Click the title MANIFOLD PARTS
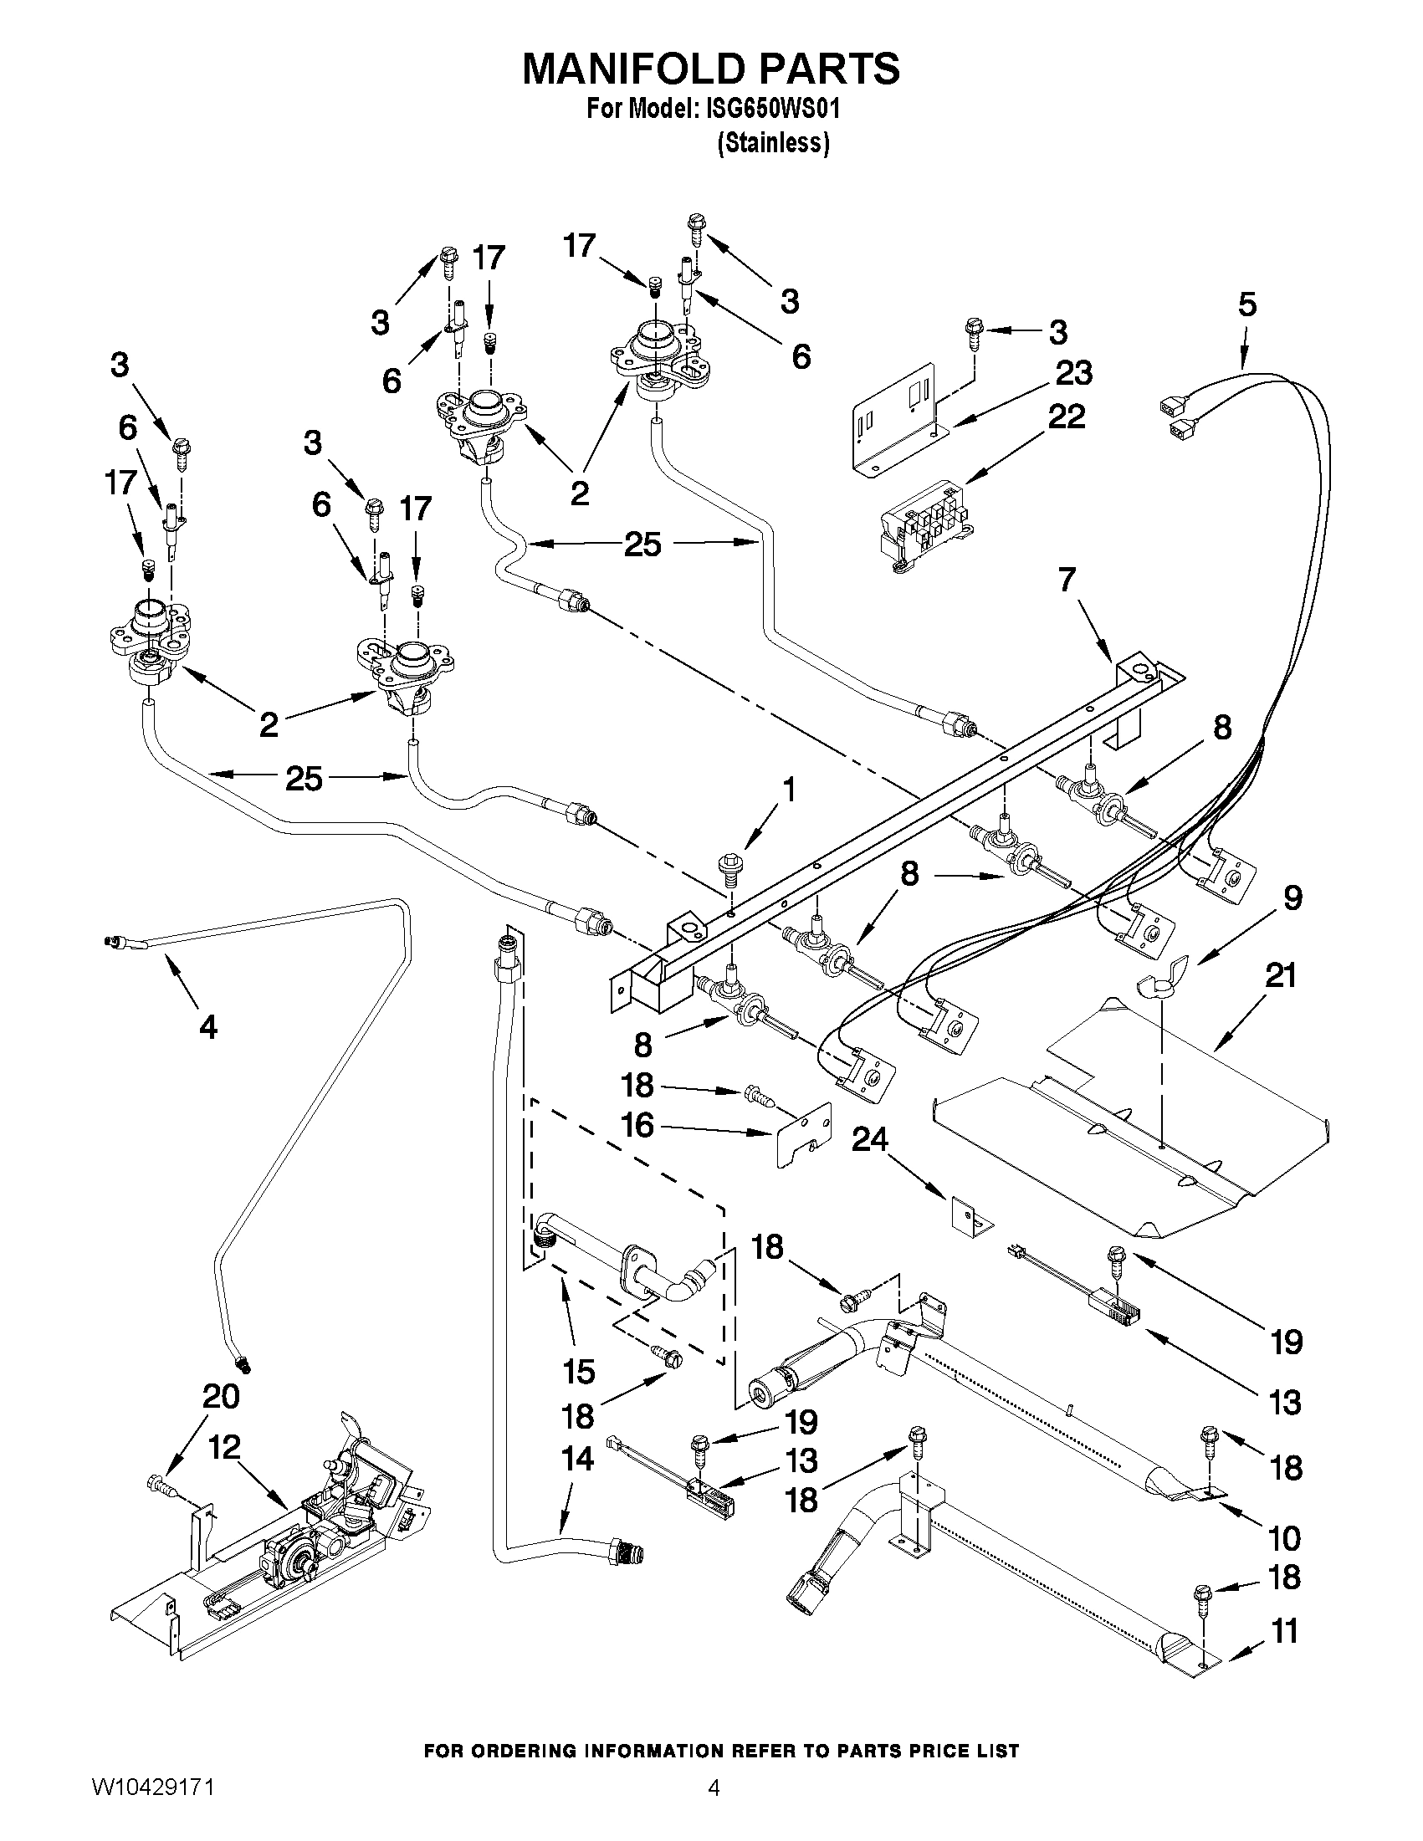tap(710, 69)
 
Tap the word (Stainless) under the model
tap(773, 143)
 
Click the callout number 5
tap(1246, 304)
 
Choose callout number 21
tap(1280, 975)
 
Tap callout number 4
tap(207, 1025)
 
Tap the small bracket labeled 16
tap(803, 1133)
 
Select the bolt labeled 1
tap(729, 866)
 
